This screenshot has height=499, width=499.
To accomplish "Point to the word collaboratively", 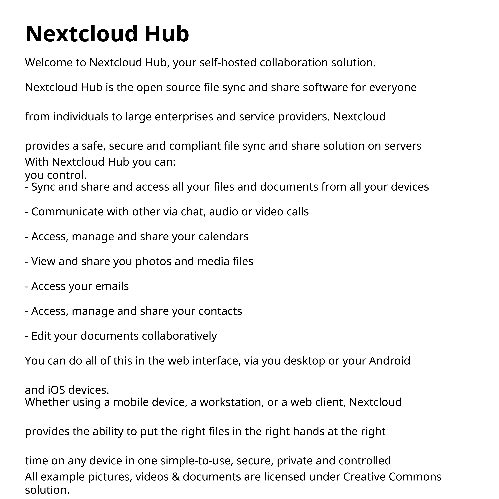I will click(179, 336).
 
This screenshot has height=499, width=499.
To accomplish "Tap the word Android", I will click(389, 361).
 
